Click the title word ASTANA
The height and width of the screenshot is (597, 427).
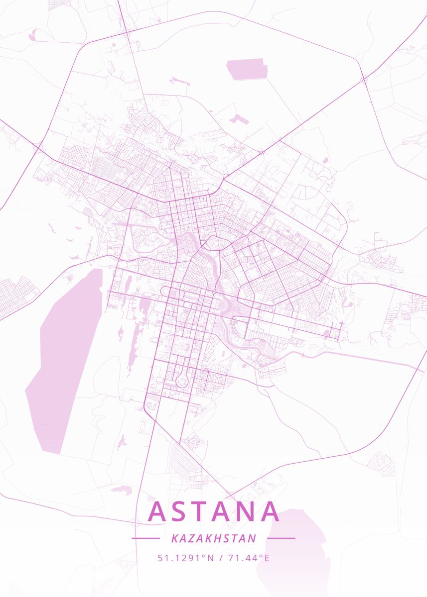click(x=213, y=511)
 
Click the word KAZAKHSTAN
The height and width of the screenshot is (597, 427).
click(x=213, y=538)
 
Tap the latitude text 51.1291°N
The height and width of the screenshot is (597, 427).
click(x=185, y=558)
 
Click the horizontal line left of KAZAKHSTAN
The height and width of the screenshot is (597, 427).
click(x=145, y=538)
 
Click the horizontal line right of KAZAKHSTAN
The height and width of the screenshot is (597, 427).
click(x=281, y=538)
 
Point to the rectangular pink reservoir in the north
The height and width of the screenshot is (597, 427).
click(x=247, y=69)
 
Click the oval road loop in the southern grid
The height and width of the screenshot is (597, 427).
click(x=181, y=381)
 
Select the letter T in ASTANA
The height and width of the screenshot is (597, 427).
click(x=201, y=511)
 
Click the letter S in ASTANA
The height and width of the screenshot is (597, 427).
click(x=180, y=511)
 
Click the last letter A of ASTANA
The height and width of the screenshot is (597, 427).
click(x=270, y=511)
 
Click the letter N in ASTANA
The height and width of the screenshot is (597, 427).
click(x=247, y=511)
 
